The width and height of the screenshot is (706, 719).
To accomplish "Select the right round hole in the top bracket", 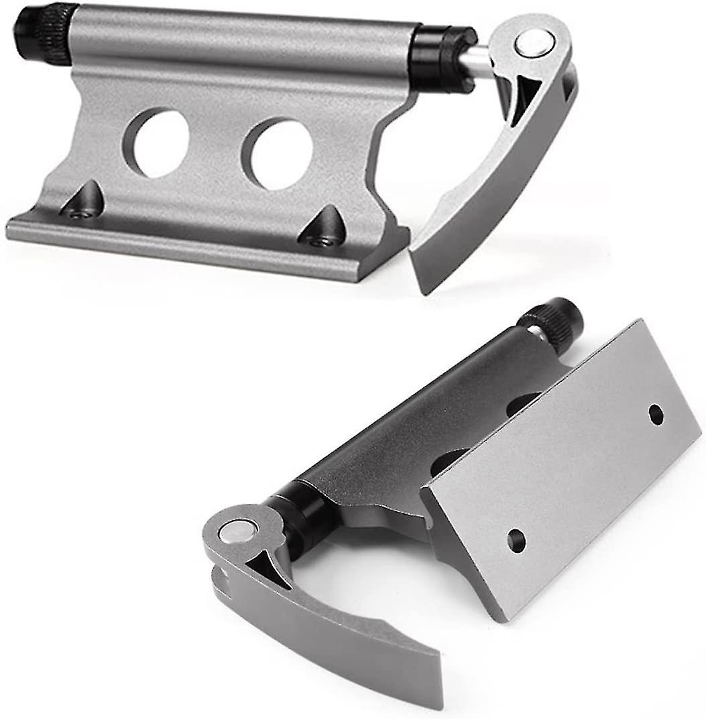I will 278,153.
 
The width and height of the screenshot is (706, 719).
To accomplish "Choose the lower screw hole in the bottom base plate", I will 516,540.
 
